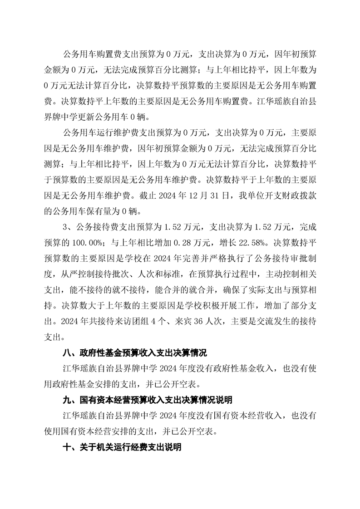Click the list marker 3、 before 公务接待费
point(68,237)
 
